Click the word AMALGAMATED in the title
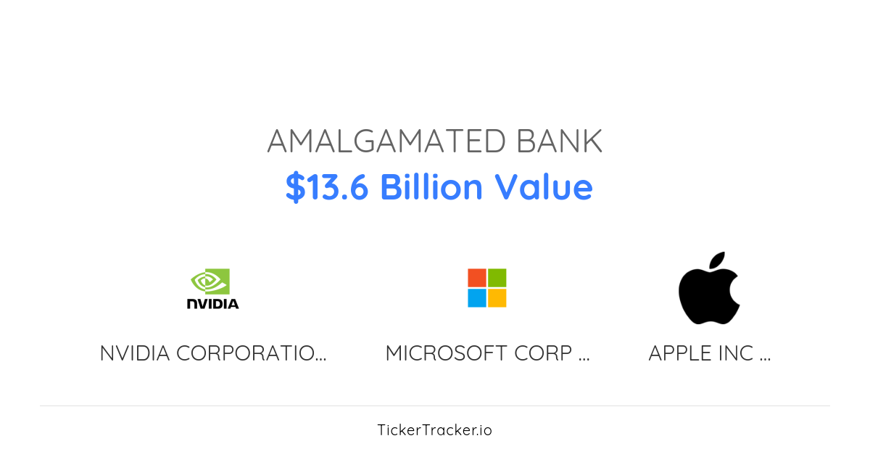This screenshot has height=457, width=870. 386,141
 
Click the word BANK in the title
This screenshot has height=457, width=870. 559,141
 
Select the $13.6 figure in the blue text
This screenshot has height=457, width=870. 327,187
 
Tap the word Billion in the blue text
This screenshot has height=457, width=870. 431,187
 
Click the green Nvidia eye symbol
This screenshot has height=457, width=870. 210,281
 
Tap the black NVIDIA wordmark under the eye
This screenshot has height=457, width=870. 212,303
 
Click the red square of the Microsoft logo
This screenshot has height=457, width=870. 476,278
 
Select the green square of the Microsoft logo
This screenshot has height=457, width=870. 497,278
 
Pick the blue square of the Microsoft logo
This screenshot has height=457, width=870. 476,298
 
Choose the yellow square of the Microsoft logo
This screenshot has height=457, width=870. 497,298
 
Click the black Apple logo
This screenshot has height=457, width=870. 708,294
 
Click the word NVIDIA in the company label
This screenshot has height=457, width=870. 135,353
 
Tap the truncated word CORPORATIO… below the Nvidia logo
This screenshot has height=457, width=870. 251,353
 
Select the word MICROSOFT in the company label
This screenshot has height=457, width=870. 446,353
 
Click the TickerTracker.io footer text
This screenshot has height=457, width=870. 434,430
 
